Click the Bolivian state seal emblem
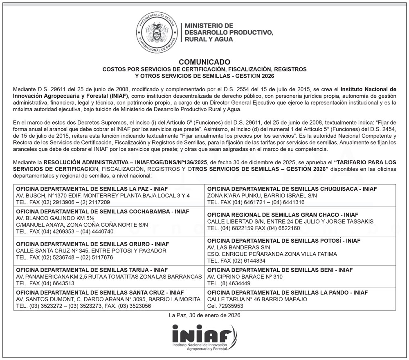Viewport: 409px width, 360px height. tap(157, 32)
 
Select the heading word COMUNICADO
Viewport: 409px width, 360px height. tap(204, 62)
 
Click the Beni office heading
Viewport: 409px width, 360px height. tap(280, 270)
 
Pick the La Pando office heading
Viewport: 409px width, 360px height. tap(288, 293)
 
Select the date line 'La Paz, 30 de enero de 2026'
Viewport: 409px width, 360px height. tap(204, 315)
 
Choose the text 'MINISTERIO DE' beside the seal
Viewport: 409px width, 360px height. tap(209, 25)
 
